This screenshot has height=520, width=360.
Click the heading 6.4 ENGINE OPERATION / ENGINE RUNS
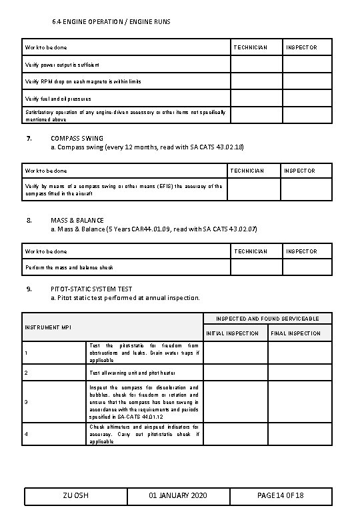click(111, 22)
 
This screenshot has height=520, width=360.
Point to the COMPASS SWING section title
click(77, 138)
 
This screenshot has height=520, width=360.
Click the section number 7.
click(28, 138)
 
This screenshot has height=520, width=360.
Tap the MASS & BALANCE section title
click(77, 220)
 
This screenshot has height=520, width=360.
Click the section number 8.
click(28, 220)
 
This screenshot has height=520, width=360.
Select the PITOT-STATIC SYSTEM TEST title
click(91, 289)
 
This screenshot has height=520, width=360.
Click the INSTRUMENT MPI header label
click(47, 327)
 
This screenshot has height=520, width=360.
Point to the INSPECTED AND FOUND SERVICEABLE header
click(267, 319)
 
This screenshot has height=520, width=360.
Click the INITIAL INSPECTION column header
click(232, 333)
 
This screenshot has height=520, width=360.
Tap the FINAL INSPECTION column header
click(295, 333)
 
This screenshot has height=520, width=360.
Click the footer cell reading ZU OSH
click(75, 497)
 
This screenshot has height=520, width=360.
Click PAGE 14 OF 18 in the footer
click(280, 497)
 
